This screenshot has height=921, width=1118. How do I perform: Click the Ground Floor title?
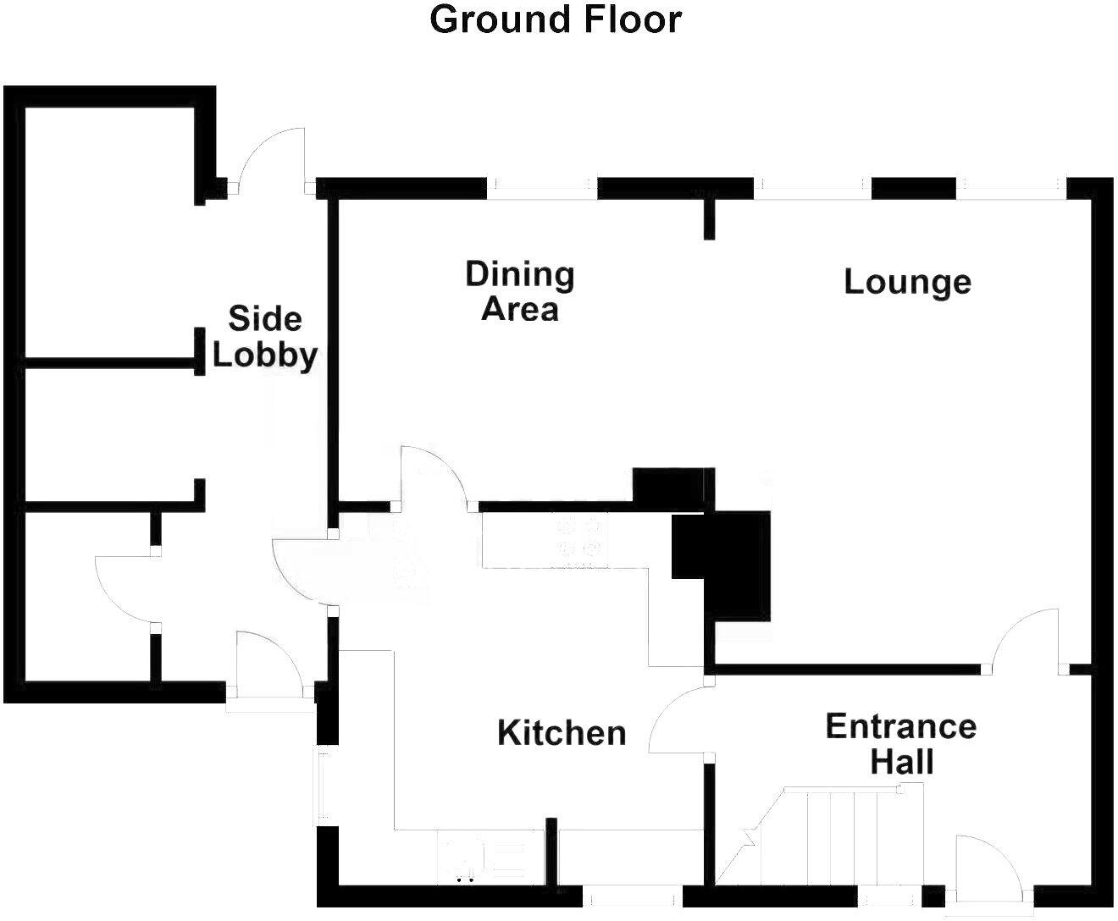tap(556, 19)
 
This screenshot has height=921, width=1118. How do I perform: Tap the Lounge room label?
tap(906, 282)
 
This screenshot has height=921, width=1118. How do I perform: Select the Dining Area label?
tap(520, 291)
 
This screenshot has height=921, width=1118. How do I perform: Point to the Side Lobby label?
tap(264, 338)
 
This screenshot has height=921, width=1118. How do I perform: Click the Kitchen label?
tap(562, 732)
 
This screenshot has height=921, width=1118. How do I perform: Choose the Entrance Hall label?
tap(901, 744)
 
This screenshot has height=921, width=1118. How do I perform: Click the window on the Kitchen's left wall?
tap(323, 783)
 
